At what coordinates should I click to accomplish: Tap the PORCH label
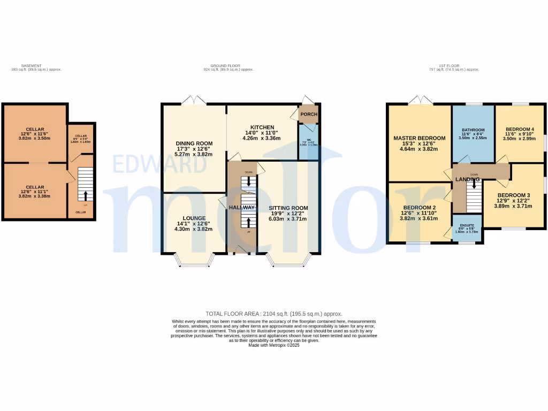click(x=308, y=115)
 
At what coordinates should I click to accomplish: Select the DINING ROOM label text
click(x=194, y=143)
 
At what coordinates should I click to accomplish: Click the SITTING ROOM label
click(x=288, y=208)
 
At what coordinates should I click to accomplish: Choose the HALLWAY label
click(x=242, y=208)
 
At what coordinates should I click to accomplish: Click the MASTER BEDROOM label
click(x=419, y=138)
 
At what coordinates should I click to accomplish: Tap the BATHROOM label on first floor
click(x=473, y=130)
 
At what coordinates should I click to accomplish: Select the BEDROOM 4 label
click(x=520, y=129)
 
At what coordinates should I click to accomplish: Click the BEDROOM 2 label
click(x=419, y=208)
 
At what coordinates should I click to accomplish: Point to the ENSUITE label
click(x=467, y=226)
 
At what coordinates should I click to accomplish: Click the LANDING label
click(x=467, y=179)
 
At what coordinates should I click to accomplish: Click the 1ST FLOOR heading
click(x=454, y=65)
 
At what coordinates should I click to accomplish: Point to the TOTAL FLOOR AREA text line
click(x=273, y=314)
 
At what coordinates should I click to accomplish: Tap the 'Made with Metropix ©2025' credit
click(x=273, y=345)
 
